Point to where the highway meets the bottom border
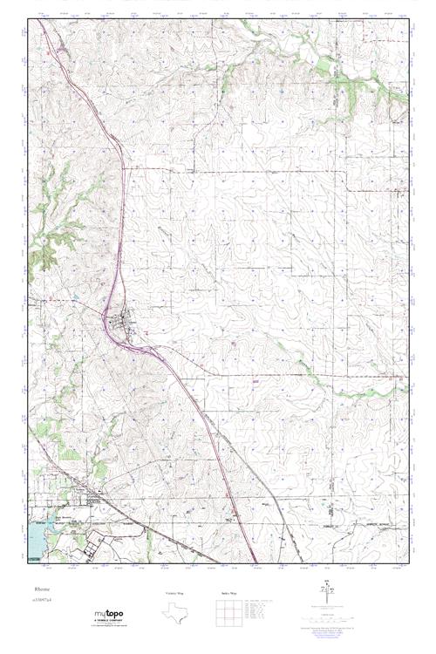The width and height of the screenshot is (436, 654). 255,562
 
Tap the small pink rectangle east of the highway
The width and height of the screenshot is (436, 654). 255,380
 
